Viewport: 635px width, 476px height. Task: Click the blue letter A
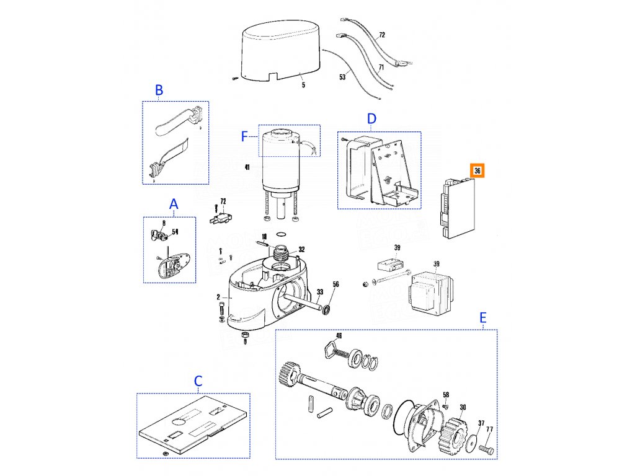[x=174, y=203]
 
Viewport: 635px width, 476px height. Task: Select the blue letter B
[x=159, y=90]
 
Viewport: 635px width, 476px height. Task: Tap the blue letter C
[x=198, y=381]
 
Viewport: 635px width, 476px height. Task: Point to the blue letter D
[x=371, y=118]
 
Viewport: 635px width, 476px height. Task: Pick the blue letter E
[x=483, y=318]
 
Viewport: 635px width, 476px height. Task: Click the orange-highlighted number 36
[x=477, y=171]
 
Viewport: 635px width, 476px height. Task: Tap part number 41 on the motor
[x=247, y=167]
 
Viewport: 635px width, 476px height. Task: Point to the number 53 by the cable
[x=342, y=77]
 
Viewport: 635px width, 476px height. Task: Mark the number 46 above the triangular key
[x=339, y=336]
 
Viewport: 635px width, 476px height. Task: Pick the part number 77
[x=489, y=429]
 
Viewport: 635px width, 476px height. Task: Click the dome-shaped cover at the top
[x=280, y=50]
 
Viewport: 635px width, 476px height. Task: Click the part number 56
[x=336, y=284]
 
